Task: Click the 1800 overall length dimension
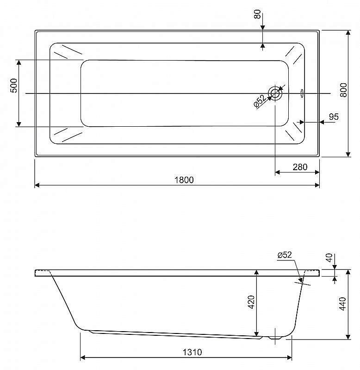(184, 180)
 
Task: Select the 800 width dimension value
(344, 90)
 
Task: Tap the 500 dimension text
(14, 86)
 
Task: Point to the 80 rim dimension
(257, 14)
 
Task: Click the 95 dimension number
(334, 117)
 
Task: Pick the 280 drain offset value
(300, 167)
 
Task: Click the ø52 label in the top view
(260, 101)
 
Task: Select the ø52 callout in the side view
(285, 255)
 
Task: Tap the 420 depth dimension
(251, 302)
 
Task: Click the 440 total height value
(342, 304)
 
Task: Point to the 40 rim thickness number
(329, 258)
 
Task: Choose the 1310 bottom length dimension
(192, 352)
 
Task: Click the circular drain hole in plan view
(275, 93)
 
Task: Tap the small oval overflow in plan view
(302, 93)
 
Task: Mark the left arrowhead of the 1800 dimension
(37, 185)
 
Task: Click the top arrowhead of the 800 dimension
(348, 32)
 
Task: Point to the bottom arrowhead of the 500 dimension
(19, 124)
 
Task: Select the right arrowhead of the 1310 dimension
(289, 358)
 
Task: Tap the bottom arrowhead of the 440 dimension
(348, 337)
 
